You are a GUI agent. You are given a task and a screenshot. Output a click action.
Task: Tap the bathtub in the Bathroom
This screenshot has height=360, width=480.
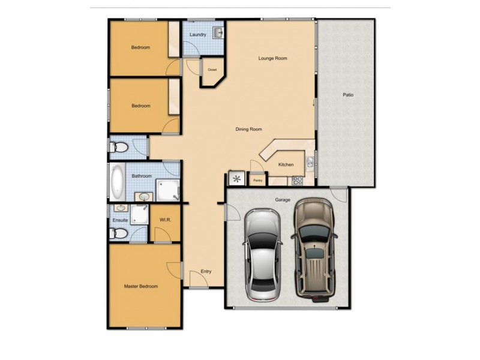116,182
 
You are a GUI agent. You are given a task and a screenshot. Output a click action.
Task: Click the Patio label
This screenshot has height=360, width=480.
347,95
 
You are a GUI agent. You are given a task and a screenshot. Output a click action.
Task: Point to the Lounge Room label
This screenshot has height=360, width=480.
273,58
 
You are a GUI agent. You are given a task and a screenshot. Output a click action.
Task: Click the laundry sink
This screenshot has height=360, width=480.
218,31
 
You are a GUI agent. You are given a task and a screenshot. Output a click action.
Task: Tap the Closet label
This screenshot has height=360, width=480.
212,70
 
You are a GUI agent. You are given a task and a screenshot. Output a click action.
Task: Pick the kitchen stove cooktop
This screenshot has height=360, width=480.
296,179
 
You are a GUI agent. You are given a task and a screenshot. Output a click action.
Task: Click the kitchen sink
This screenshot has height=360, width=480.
310,161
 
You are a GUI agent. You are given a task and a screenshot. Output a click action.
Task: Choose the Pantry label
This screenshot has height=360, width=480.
258,180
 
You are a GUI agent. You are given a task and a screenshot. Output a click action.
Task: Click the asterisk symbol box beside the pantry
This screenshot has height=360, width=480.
236,179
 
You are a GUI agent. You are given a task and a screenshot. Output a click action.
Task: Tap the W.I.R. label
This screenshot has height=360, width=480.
166,220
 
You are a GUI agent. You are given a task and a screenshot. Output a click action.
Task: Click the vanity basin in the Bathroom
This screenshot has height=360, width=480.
145,196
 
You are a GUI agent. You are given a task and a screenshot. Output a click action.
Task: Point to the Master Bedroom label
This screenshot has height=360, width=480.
141,286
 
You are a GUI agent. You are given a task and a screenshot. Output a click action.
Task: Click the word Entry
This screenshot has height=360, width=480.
206,272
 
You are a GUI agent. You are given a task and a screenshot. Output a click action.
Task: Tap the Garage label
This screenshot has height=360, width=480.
283,199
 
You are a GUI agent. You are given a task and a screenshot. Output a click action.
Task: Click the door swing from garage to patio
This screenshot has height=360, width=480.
338,195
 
